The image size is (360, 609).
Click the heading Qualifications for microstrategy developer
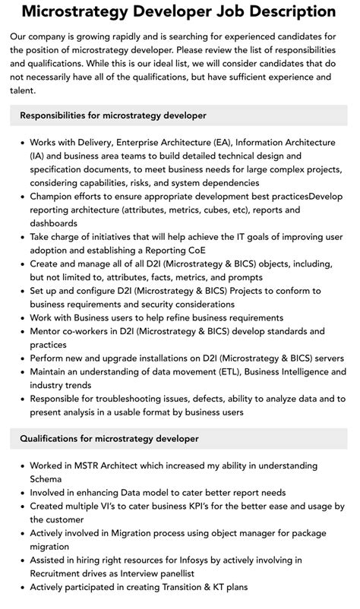[x=109, y=438]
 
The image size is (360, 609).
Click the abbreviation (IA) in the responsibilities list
[x=38, y=156]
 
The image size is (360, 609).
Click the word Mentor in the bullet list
[x=49, y=331]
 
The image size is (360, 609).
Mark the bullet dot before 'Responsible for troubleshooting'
[x=20, y=399]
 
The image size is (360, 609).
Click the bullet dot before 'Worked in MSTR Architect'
[x=20, y=465]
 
